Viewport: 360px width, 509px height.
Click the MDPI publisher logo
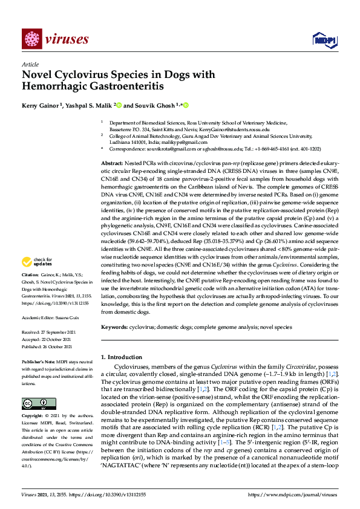[x=321, y=40]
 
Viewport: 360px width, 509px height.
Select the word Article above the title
[x=30, y=65]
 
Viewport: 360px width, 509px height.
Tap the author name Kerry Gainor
[x=39, y=105]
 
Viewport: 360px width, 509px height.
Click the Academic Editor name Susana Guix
[x=71, y=317]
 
